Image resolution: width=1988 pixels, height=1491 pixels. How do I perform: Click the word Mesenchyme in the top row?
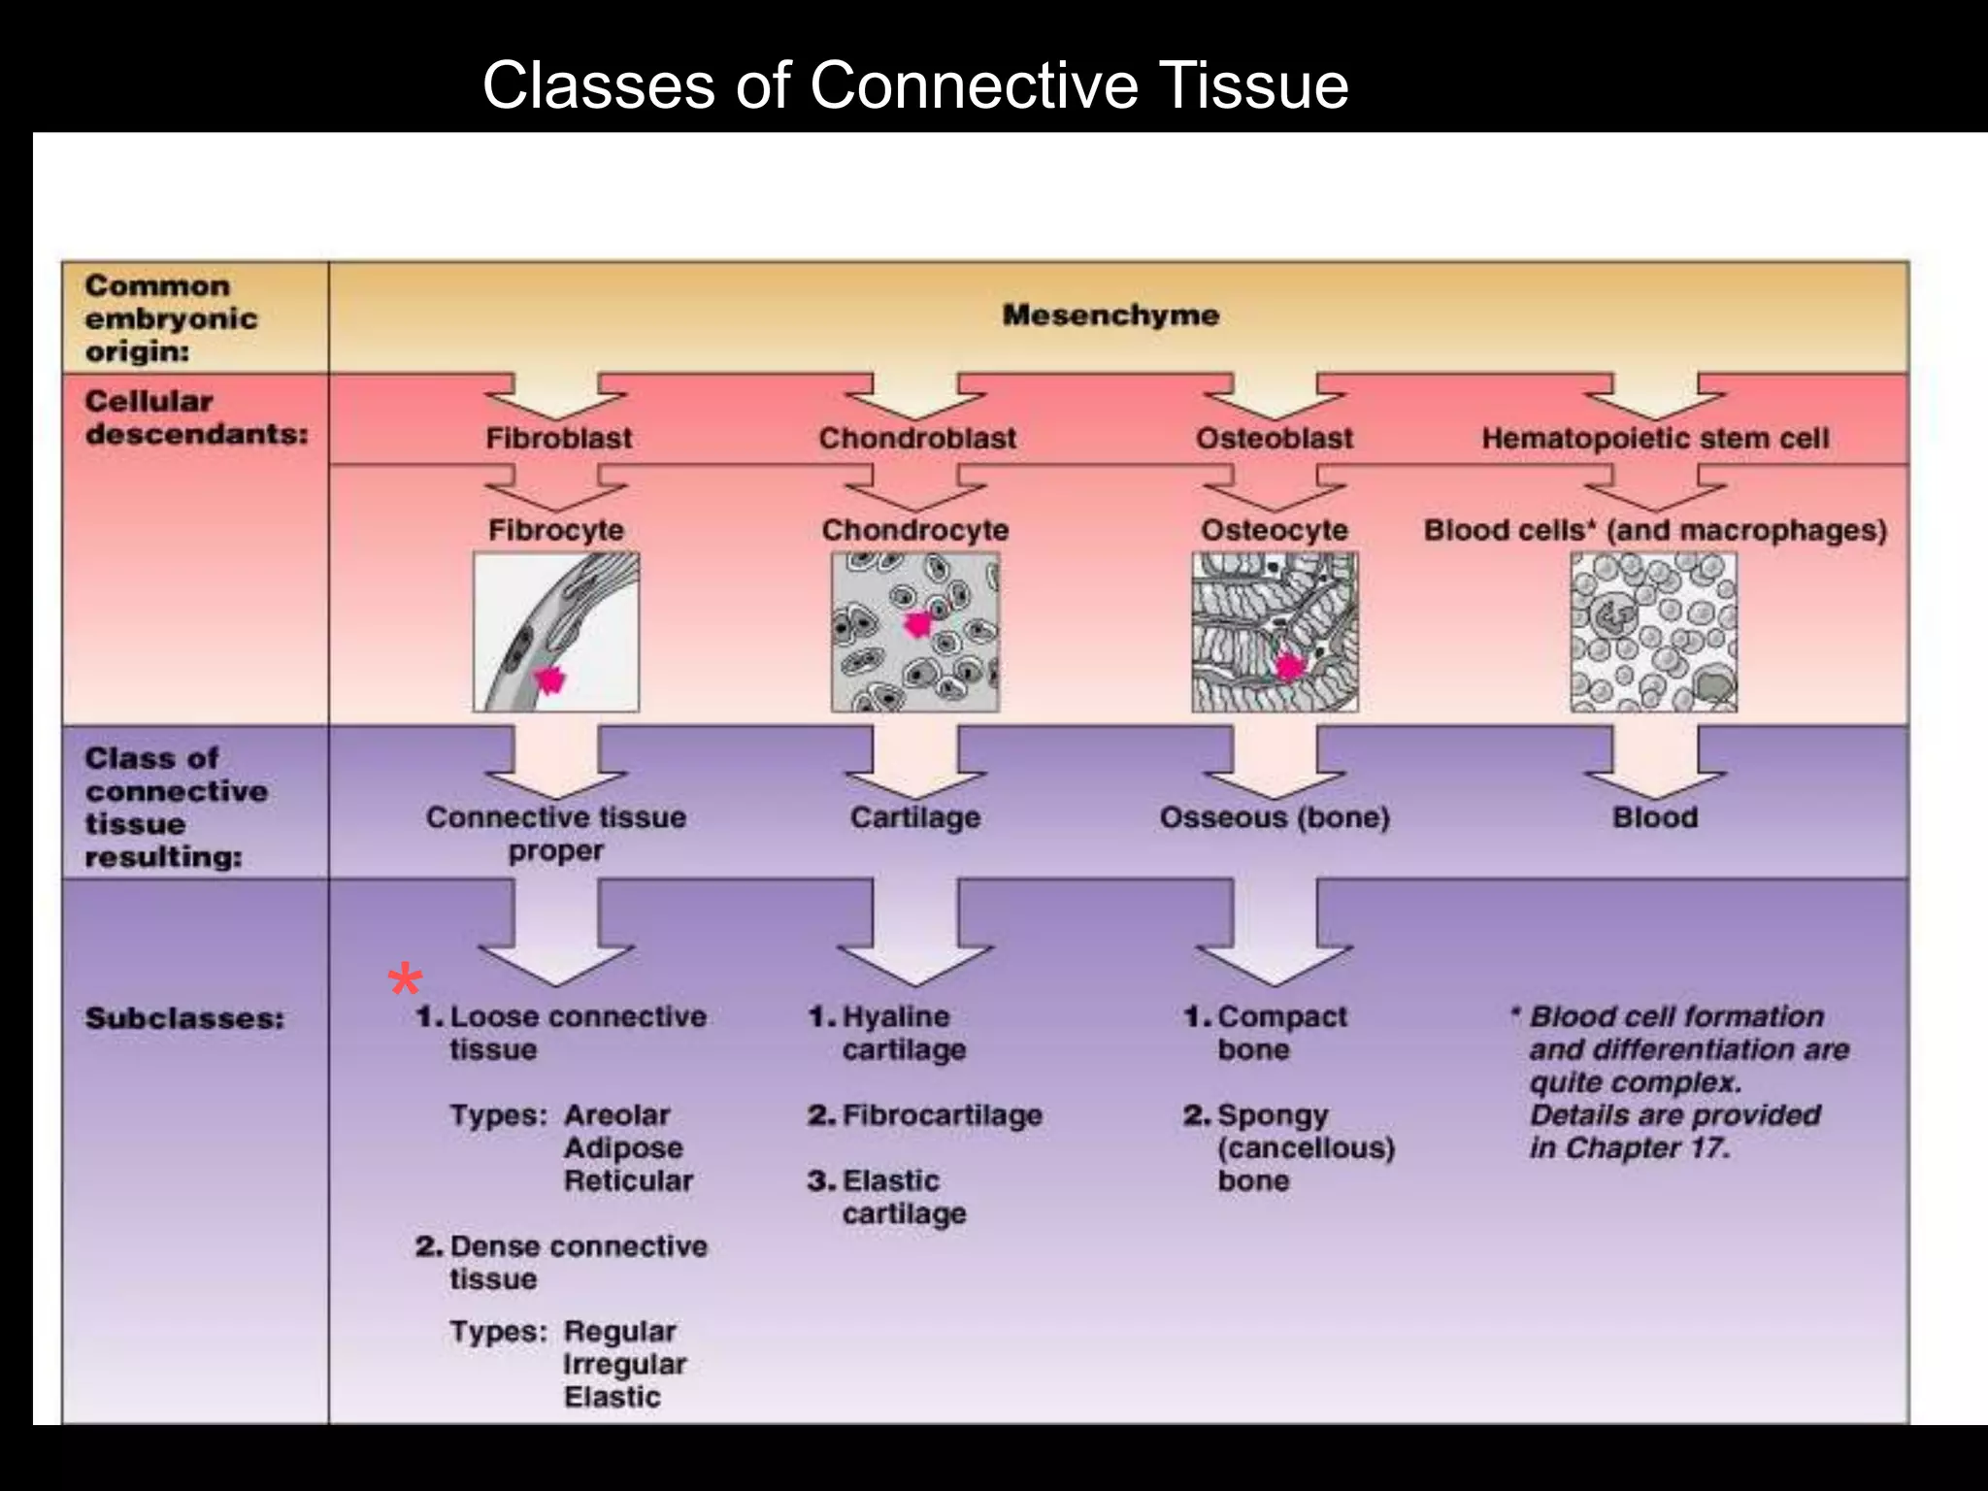click(x=1110, y=315)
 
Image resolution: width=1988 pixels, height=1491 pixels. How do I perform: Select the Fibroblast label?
click(x=558, y=438)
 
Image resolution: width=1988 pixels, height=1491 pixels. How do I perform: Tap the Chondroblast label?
click(x=917, y=438)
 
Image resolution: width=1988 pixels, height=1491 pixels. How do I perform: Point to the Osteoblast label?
click(x=1274, y=438)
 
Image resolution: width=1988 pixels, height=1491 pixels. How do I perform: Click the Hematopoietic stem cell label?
click(x=1654, y=438)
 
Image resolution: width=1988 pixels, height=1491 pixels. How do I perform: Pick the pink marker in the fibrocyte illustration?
click(x=549, y=679)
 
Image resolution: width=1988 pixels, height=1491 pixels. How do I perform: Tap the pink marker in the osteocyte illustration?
click(x=1289, y=667)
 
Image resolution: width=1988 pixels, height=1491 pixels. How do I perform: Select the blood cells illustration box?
click(x=1653, y=632)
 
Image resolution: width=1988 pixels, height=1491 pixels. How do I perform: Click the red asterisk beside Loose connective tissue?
click(x=405, y=981)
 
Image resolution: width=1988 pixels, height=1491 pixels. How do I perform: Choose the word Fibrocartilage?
click(x=942, y=1115)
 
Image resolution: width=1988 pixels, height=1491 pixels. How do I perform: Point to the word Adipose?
click(x=623, y=1147)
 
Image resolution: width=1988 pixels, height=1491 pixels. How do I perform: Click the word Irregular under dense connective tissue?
click(x=624, y=1364)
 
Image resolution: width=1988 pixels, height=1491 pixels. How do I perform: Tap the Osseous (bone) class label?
click(x=1274, y=817)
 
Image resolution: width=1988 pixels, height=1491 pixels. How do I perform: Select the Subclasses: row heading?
click(x=184, y=1018)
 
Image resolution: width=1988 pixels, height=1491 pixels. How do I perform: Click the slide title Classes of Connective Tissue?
click(x=914, y=84)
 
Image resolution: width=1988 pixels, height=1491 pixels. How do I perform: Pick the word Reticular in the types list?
click(x=628, y=1180)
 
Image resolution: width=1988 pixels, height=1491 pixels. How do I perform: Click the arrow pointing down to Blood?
click(x=1654, y=763)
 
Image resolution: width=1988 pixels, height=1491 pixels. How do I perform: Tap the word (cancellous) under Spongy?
click(x=1306, y=1148)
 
